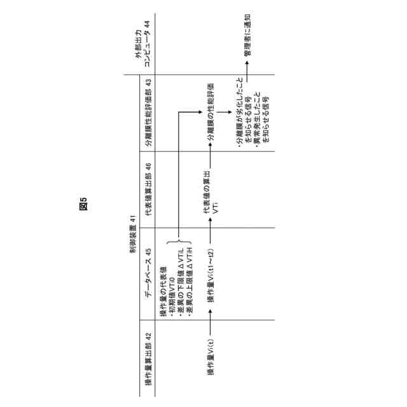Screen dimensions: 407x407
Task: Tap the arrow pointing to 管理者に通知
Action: coord(247,71)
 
